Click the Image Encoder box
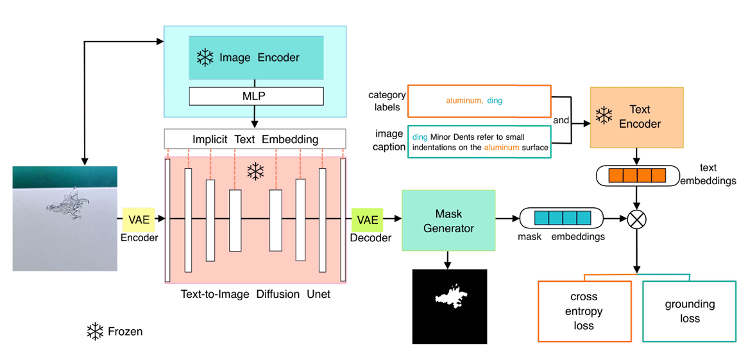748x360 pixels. [256, 58]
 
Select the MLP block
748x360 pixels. [256, 96]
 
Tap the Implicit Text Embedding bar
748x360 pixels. [255, 139]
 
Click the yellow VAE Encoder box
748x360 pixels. [139, 219]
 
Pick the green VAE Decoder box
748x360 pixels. [368, 219]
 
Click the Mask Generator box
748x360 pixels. [448, 220]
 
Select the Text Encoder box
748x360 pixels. [636, 118]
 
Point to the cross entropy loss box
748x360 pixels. [584, 311]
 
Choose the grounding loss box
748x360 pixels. [690, 311]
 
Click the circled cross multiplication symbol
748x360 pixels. [636, 219]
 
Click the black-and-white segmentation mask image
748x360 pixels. [449, 307]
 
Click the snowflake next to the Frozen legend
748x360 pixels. [96, 332]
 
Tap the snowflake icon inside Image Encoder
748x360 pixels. [205, 58]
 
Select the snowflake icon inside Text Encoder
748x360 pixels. [604, 116]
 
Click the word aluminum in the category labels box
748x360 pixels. [463, 101]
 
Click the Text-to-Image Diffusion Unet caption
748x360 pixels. [255, 295]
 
